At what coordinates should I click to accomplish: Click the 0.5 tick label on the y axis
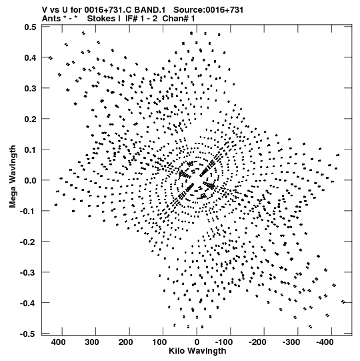click(31, 27)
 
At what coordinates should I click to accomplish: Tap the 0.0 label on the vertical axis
click(31, 180)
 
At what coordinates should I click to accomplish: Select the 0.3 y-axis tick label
click(31, 88)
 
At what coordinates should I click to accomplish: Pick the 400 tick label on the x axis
click(59, 342)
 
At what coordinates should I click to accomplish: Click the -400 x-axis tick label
click(325, 342)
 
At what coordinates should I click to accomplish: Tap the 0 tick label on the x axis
click(197, 342)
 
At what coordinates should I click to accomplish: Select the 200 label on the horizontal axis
click(125, 342)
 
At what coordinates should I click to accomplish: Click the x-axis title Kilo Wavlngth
click(197, 351)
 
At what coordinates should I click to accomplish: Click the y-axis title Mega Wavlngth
click(13, 177)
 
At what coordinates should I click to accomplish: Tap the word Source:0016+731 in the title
click(209, 10)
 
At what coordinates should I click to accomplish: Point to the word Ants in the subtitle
click(51, 19)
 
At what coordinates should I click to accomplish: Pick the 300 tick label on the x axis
click(92, 342)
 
